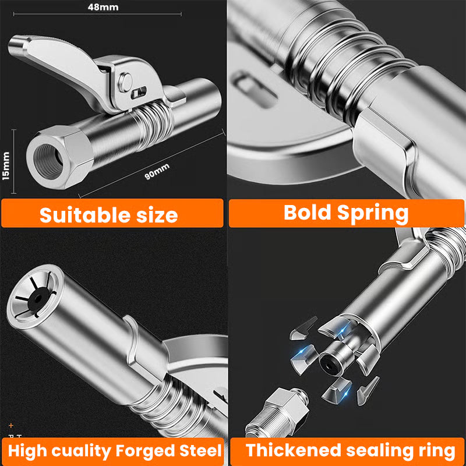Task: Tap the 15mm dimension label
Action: tap(6, 165)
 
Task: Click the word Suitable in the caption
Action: tap(83, 215)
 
